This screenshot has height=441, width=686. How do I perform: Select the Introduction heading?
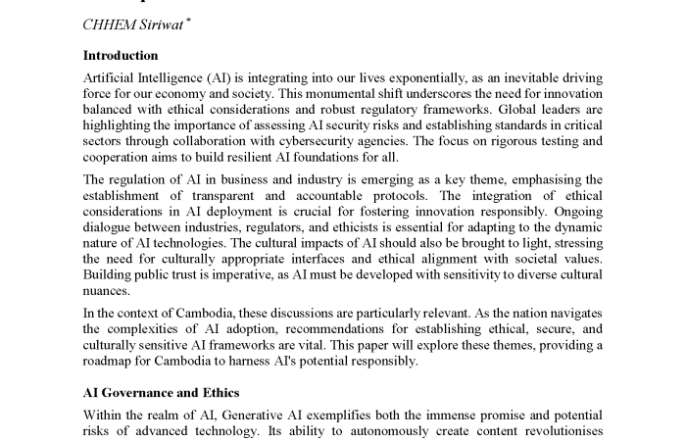coord(121,56)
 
